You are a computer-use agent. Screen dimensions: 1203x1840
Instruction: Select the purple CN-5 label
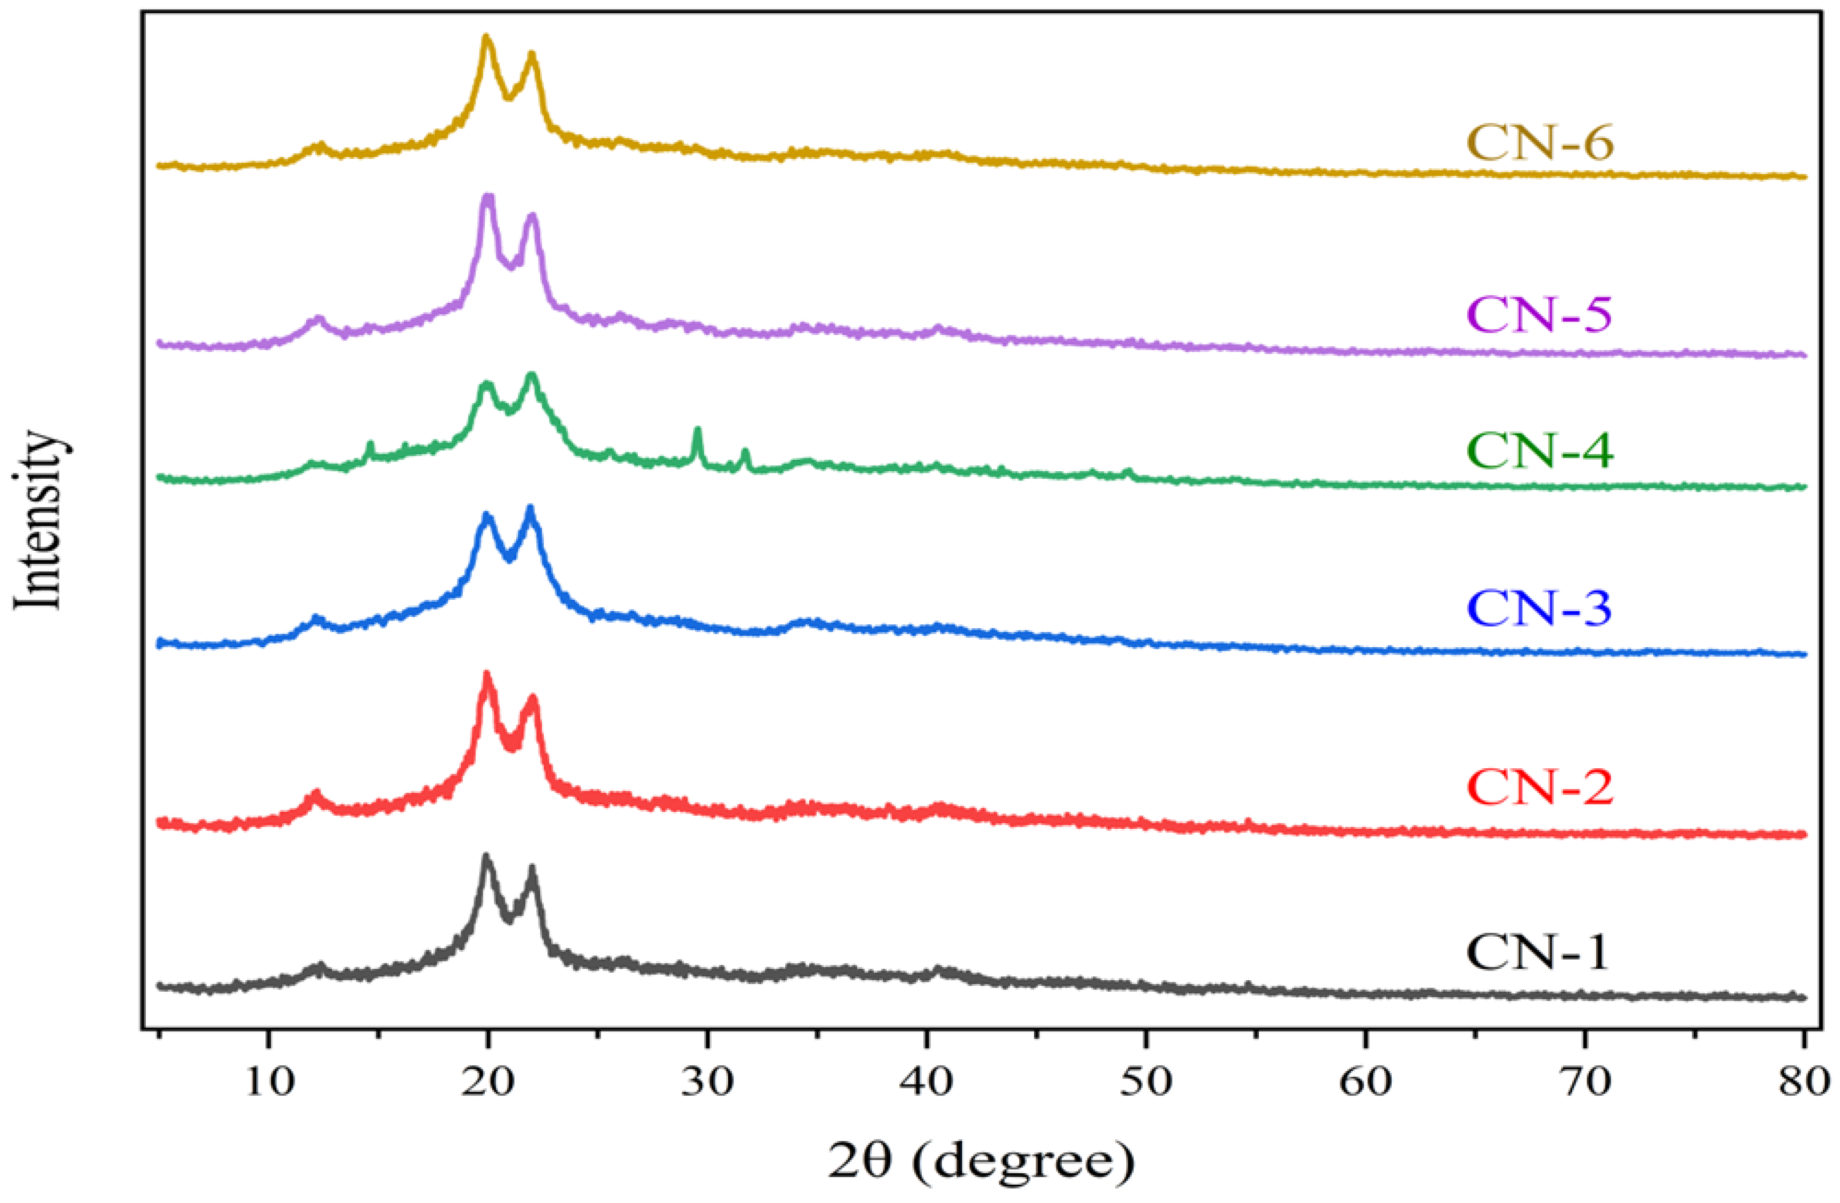click(x=1538, y=315)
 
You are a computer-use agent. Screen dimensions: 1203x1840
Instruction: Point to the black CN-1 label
click(x=1537, y=952)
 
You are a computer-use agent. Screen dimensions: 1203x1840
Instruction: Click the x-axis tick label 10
click(x=268, y=1082)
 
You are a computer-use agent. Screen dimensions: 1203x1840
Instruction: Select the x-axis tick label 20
click(x=488, y=1082)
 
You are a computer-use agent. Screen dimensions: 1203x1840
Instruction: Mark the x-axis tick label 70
click(x=1585, y=1082)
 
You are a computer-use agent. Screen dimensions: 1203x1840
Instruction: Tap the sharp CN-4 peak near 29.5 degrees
click(x=697, y=431)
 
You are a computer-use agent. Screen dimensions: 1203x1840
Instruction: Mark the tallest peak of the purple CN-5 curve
click(x=487, y=198)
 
